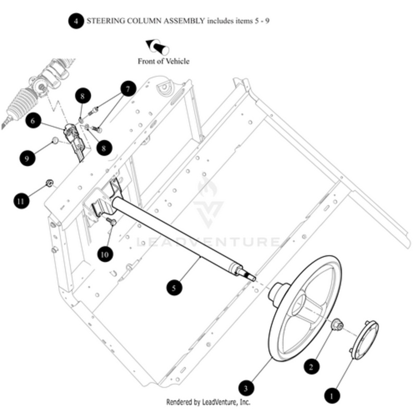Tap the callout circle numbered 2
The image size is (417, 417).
pyautogui.click(x=311, y=366)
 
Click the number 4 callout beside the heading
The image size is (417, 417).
pyautogui.click(x=76, y=21)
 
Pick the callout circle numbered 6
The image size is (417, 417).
pyautogui.click(x=33, y=121)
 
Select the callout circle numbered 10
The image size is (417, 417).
pyautogui.click(x=105, y=254)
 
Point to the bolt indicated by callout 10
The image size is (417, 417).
pyautogui.click(x=111, y=222)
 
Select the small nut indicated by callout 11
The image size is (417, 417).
pyautogui.click(x=48, y=183)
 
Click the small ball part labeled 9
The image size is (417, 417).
pyautogui.click(x=54, y=140)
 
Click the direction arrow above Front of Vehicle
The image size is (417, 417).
pyautogui.click(x=156, y=47)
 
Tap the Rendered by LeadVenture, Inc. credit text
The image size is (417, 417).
pyautogui.click(x=208, y=402)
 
